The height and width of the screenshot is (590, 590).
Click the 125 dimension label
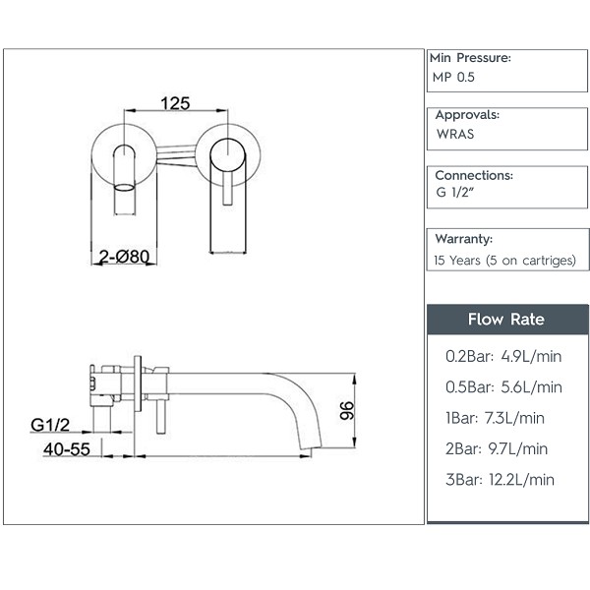175,103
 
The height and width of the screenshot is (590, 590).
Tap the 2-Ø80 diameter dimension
124,257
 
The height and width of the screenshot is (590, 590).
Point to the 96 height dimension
347,410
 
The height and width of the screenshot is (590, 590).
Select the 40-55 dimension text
67,449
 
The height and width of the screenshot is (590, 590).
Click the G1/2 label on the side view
50,425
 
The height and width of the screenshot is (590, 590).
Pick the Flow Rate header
506,320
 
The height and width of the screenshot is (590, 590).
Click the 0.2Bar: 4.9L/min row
503,356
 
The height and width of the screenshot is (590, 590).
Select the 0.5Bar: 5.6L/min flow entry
503,387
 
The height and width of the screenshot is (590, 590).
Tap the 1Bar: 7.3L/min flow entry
495,418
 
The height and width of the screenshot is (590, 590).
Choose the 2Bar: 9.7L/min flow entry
497,449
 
